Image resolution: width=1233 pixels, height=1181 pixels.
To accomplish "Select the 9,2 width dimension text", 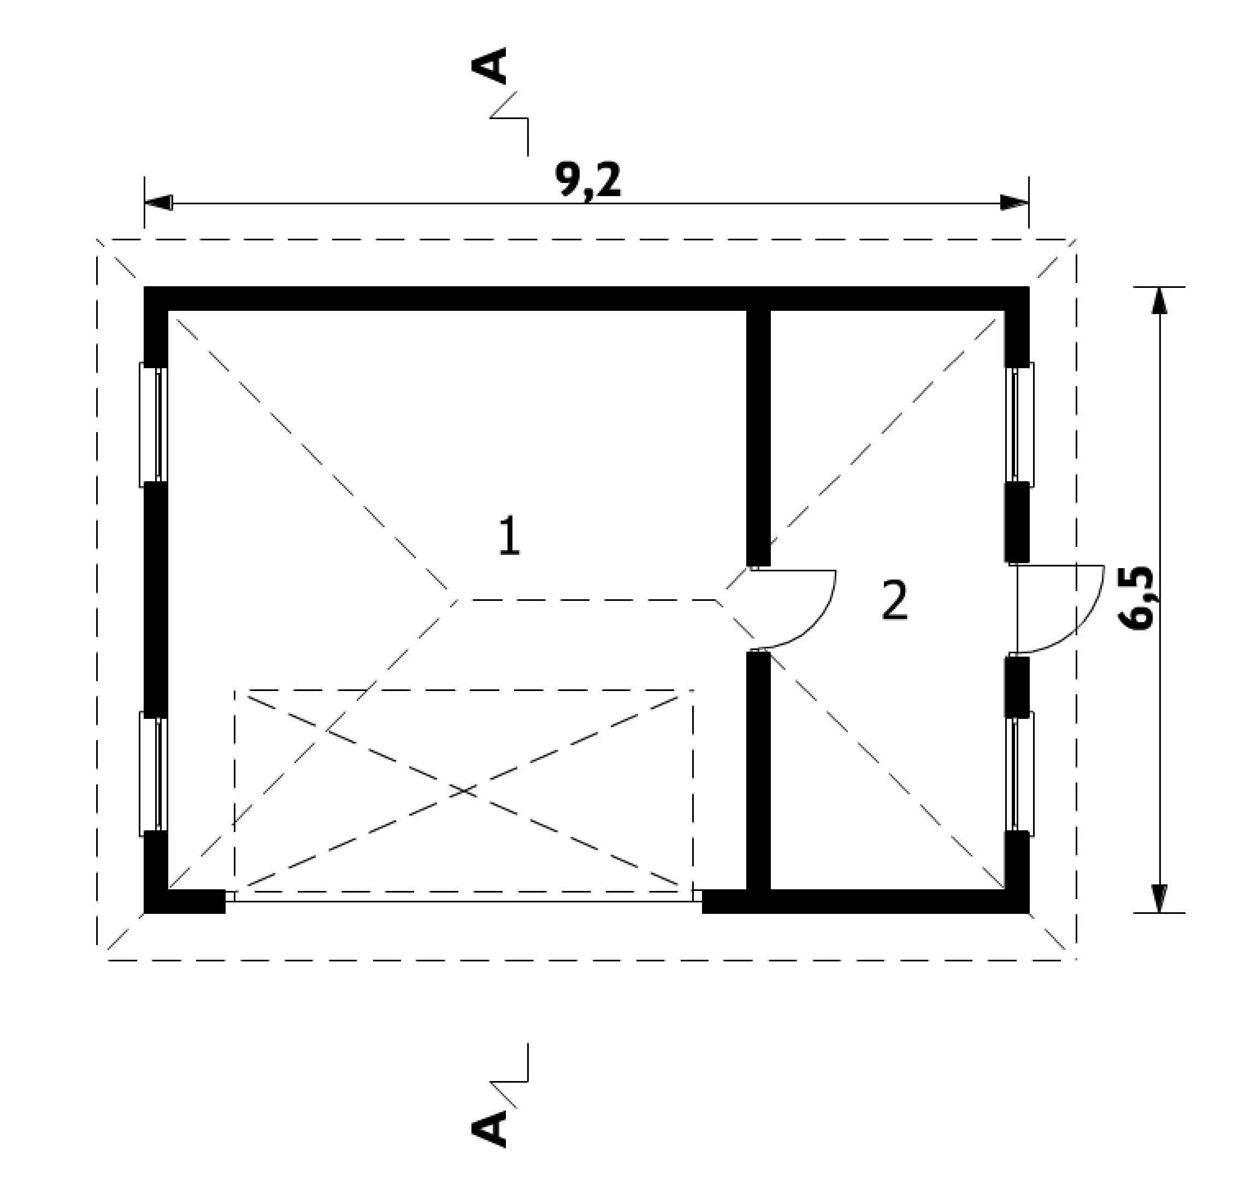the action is tap(588, 180).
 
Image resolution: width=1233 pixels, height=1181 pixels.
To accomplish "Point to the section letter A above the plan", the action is tap(489, 66).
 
